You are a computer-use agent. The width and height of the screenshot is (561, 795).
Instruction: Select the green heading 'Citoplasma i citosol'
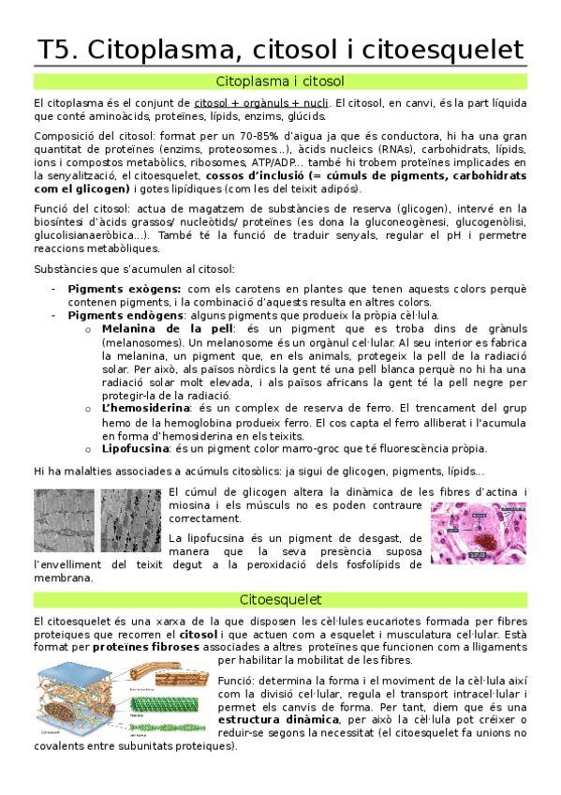pos(280,82)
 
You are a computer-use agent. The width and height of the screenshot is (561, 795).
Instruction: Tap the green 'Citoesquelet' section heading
pos(280,599)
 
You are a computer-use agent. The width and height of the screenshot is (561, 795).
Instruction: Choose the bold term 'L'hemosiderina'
pos(147,408)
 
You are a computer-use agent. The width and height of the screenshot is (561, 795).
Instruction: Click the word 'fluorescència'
pos(398,448)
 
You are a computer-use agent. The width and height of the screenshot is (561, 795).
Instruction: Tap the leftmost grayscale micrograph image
pos(64,520)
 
